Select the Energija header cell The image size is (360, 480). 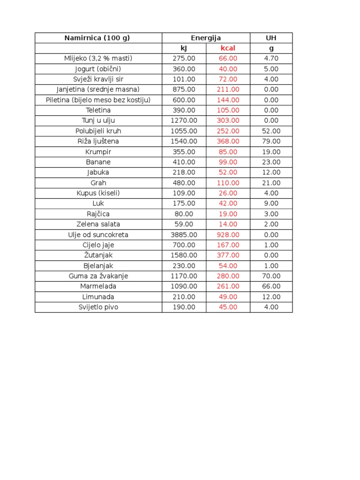[206, 38]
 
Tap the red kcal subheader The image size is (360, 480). [228, 48]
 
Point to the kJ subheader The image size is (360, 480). [184, 48]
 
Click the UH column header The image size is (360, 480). [271, 38]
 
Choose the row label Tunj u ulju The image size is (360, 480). [98, 120]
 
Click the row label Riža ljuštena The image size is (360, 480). [98, 141]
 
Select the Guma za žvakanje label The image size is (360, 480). [98, 276]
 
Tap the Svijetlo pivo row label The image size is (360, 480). [98, 307]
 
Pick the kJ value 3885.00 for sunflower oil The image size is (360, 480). [184, 234]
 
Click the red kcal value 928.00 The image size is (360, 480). [228, 234]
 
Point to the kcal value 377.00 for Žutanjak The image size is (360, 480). [228, 255]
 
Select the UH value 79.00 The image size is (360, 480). [271, 141]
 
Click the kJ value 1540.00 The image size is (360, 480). [184, 141]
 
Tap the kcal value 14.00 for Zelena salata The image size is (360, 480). [228, 224]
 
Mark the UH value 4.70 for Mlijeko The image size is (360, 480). [271, 59]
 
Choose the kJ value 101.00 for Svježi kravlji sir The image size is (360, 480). [184, 79]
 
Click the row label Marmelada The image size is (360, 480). [98, 286]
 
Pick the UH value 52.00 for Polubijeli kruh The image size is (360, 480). [271, 131]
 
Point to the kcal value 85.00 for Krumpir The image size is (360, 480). [228, 152]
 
